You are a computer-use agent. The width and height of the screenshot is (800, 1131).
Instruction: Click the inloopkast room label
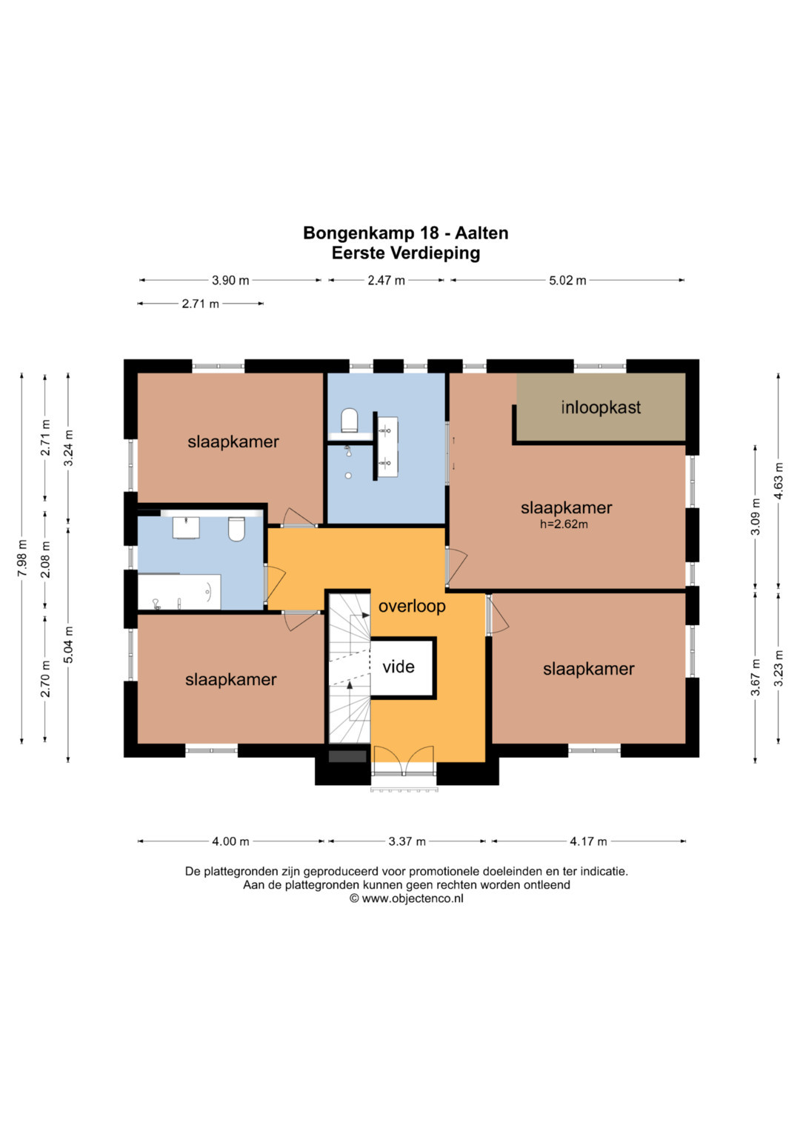click(x=601, y=407)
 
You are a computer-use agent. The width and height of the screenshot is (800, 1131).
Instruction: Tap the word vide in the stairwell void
click(x=399, y=667)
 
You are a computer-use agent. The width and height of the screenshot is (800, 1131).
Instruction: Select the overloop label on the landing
click(x=412, y=606)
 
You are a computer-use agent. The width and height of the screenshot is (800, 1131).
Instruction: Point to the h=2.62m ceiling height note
click(x=564, y=524)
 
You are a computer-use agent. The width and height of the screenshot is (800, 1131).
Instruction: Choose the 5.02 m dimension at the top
click(x=567, y=281)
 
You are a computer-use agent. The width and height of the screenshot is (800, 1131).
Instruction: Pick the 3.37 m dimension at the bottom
click(x=407, y=841)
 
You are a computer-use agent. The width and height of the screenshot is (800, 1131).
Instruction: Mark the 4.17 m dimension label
click(x=588, y=841)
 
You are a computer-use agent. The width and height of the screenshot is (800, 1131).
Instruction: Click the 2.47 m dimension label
click(x=387, y=281)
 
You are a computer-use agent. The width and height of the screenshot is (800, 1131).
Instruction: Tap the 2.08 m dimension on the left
click(x=45, y=560)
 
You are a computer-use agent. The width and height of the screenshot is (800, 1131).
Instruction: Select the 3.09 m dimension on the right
click(x=755, y=517)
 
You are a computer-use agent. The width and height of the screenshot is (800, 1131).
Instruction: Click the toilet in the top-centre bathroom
click(x=349, y=420)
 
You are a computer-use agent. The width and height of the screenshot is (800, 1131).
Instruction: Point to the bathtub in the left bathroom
click(x=179, y=592)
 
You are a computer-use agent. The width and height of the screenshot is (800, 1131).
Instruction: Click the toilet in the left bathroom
click(x=236, y=529)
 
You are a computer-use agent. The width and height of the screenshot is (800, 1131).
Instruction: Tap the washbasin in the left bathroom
click(x=186, y=527)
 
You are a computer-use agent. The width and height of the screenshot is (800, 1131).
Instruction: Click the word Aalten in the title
click(x=481, y=233)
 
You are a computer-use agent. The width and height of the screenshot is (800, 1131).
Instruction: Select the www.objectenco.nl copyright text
click(x=407, y=898)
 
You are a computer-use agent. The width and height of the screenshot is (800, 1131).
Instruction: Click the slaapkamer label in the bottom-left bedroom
click(x=231, y=680)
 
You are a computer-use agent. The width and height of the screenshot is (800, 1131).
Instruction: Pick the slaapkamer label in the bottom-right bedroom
click(x=588, y=670)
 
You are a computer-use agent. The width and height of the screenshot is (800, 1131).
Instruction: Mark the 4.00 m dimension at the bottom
click(x=230, y=841)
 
